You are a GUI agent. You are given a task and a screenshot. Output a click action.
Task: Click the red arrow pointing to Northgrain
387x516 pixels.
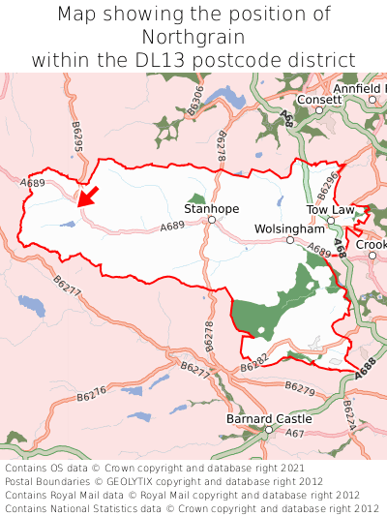(88, 197)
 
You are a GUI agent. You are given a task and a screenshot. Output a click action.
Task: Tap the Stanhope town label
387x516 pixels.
(210, 208)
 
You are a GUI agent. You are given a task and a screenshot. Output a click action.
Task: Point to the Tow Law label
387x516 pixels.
(330, 209)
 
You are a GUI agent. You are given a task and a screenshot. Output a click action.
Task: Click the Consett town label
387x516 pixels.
(318, 100)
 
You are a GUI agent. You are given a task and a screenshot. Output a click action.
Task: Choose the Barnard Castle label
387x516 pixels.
(269, 419)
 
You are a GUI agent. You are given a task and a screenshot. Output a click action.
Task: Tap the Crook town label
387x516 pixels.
(373, 245)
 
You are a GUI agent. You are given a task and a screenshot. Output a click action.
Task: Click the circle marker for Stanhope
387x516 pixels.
(211, 221)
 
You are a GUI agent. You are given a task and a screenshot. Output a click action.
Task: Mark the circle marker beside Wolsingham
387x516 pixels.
(290, 240)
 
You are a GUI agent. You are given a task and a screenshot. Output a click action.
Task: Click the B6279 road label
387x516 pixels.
(300, 387)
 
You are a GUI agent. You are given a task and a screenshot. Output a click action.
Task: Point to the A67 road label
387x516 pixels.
(294, 433)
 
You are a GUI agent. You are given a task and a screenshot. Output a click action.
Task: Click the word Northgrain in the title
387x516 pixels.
(193, 37)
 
